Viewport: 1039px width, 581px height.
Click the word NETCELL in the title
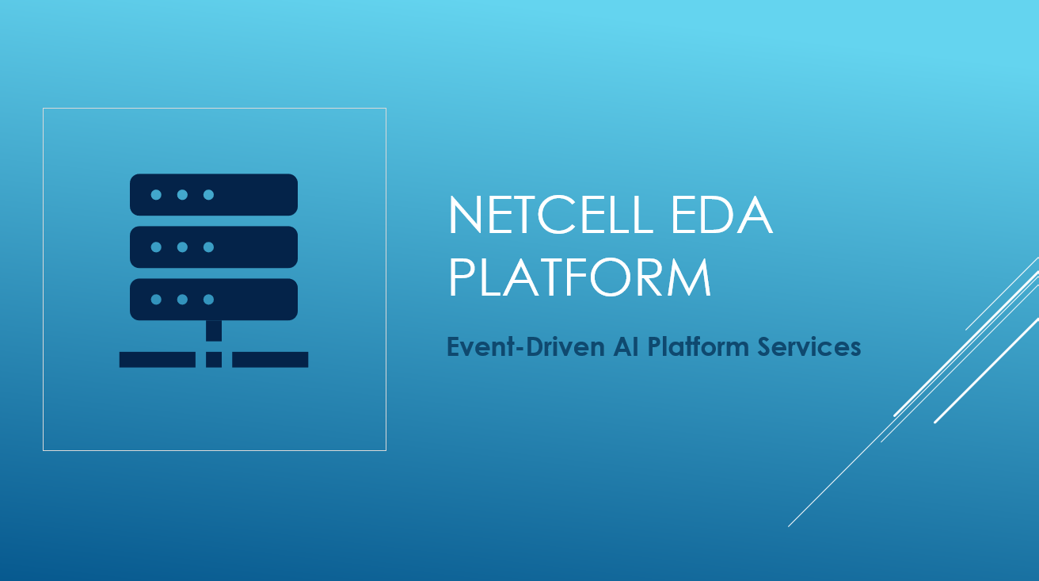click(550, 215)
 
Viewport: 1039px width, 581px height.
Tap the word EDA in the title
click(722, 215)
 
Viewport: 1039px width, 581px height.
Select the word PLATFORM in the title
click(580, 277)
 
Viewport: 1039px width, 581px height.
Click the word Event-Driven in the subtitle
click(526, 346)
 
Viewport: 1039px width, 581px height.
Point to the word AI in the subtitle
click(626, 346)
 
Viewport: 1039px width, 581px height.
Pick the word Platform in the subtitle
click(698, 346)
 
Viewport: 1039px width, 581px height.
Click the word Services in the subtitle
click(809, 346)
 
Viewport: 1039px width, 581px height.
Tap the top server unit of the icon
click(214, 195)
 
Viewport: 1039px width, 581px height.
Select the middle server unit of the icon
click(214, 247)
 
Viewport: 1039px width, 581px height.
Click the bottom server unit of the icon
click(214, 299)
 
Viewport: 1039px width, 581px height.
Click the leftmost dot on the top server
click(156, 195)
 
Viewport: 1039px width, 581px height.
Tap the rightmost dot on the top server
click(209, 195)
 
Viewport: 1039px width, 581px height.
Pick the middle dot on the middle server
click(182, 247)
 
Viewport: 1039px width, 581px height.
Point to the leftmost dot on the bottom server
click(156, 299)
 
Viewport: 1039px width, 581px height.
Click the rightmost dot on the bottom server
click(209, 299)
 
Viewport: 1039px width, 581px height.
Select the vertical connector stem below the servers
click(214, 331)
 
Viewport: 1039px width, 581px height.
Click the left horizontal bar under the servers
click(158, 360)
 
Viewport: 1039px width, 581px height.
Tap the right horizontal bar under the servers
click(270, 360)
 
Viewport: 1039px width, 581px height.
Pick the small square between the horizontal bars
click(214, 360)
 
